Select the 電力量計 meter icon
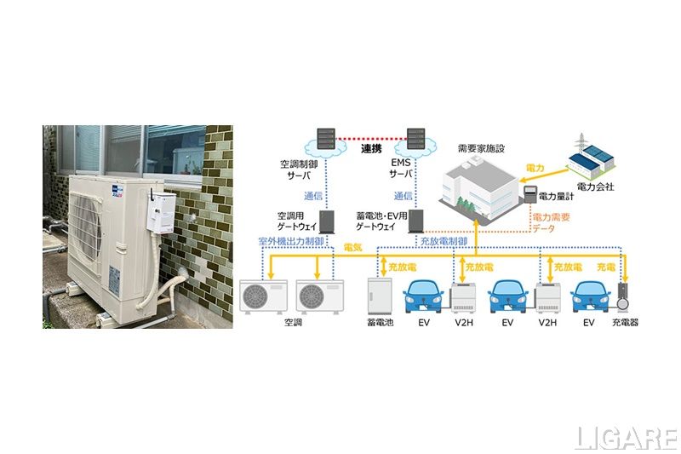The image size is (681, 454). pyautogui.click(x=532, y=193)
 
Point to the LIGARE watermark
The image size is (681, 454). pyautogui.click(x=626, y=437)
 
